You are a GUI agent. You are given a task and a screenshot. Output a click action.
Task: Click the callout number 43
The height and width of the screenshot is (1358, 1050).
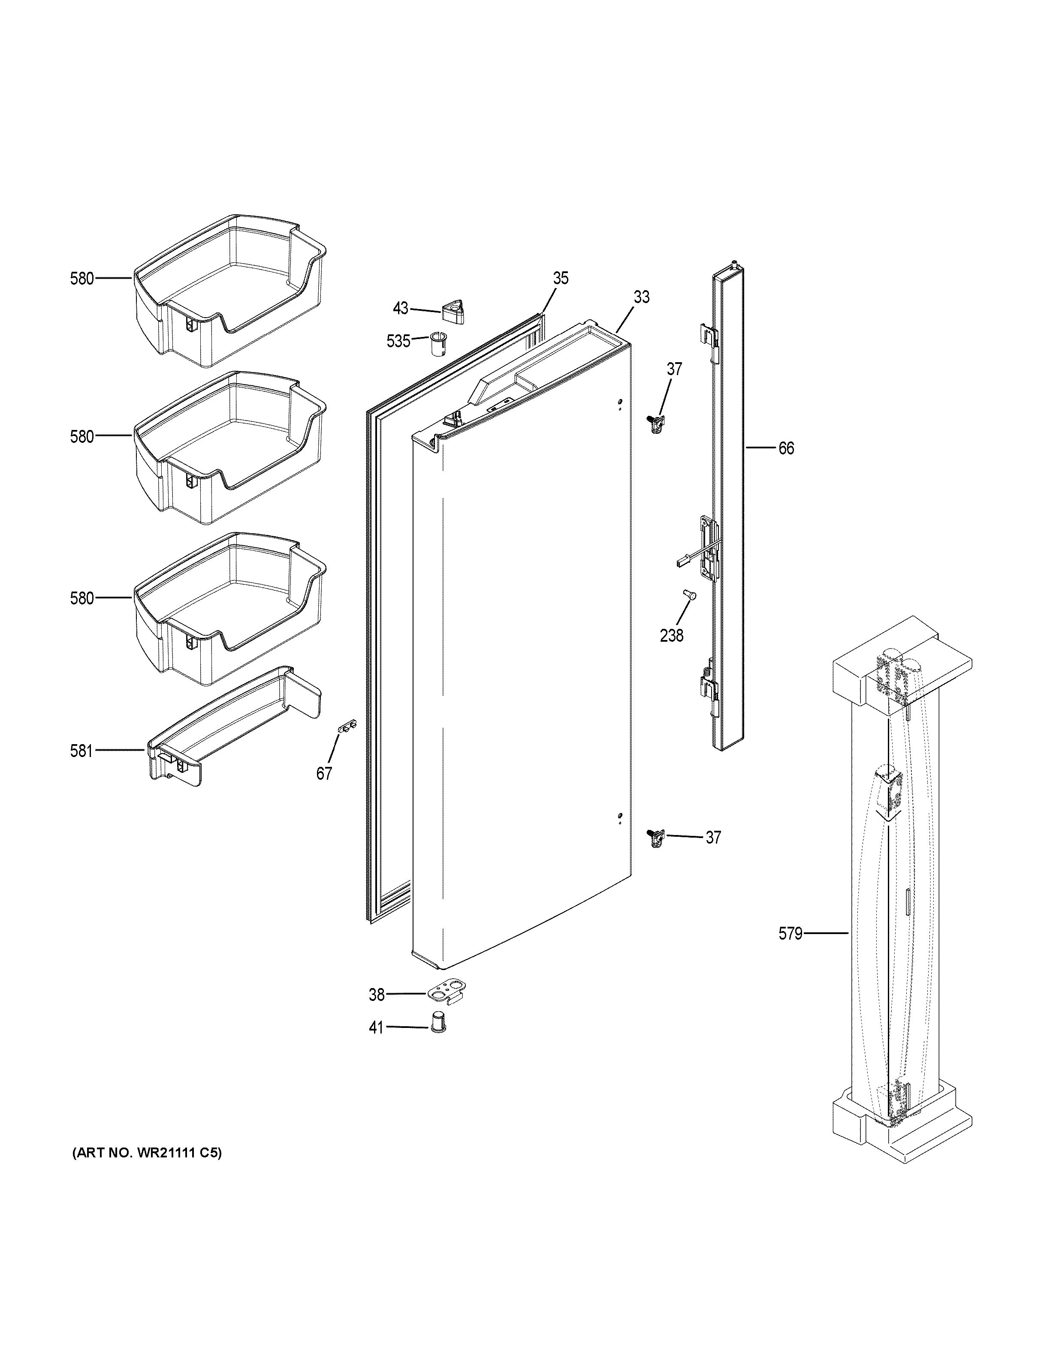pyautogui.click(x=401, y=308)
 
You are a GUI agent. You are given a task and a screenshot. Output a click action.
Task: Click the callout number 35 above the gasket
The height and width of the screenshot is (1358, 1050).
pyautogui.click(x=561, y=279)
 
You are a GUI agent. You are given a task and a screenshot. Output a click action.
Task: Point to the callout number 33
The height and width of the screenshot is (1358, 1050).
pyautogui.click(x=641, y=297)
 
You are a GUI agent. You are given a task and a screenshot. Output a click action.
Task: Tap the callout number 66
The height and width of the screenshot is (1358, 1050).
pyautogui.click(x=786, y=448)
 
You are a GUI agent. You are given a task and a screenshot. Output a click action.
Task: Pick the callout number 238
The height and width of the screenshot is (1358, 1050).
pyautogui.click(x=672, y=635)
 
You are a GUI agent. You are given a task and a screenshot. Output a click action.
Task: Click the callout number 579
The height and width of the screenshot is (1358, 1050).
pyautogui.click(x=790, y=951)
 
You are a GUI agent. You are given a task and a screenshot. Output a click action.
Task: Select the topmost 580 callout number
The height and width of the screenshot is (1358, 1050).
pyautogui.click(x=81, y=279)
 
